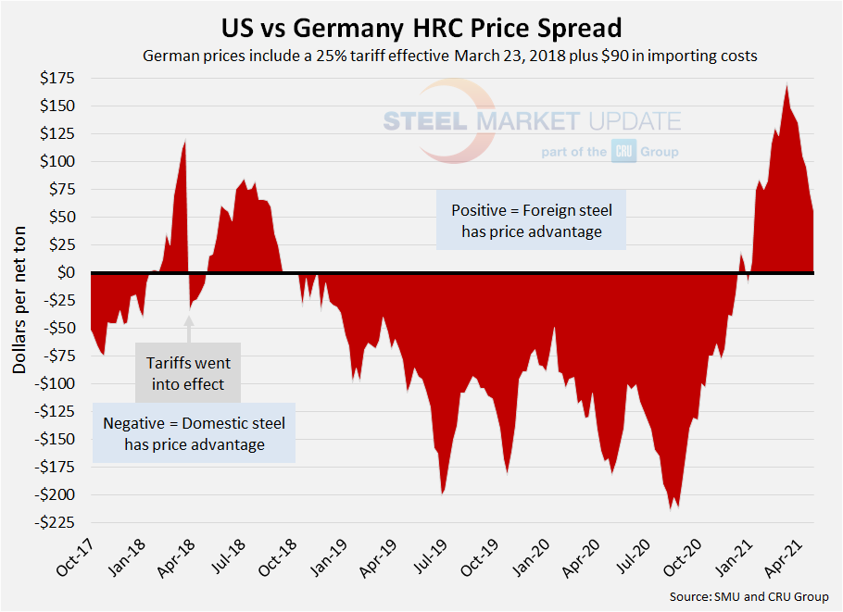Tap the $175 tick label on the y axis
coord(57,78)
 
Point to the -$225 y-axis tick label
coord(55,522)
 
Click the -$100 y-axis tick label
coord(55,383)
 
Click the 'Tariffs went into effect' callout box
coord(188,373)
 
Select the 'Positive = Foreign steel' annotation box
coord(532,220)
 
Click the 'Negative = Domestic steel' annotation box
coord(194,433)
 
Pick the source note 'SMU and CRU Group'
coord(751,596)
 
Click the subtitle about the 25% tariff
coord(450,56)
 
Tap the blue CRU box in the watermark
coord(622,152)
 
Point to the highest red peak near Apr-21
coord(786,86)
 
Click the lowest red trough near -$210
coord(670,507)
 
